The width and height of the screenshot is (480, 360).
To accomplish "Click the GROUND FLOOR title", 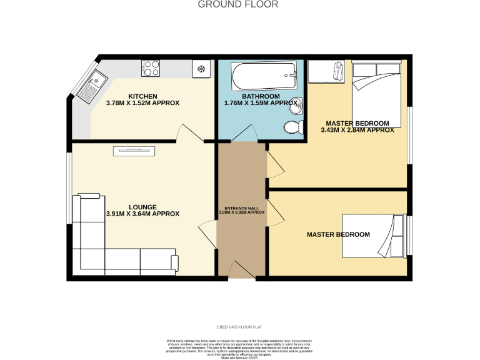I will click(238, 4).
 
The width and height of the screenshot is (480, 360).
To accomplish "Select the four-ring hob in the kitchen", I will click(151, 67).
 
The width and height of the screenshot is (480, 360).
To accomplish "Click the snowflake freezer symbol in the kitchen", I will click(202, 68).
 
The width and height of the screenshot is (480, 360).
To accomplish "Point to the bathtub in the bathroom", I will click(264, 76).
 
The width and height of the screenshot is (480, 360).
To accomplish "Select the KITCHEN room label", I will click(142, 96).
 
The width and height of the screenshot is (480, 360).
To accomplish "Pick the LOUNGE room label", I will click(142, 207).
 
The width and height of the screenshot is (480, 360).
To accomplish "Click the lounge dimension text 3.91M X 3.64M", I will click(142, 214).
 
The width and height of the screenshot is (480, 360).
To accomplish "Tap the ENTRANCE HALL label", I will click(241, 207).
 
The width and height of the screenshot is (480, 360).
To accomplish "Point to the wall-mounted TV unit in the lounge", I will click(134, 150).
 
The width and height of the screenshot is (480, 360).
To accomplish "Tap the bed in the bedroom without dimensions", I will click(374, 236).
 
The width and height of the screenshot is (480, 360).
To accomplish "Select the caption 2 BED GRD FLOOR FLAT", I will click(239, 327).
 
